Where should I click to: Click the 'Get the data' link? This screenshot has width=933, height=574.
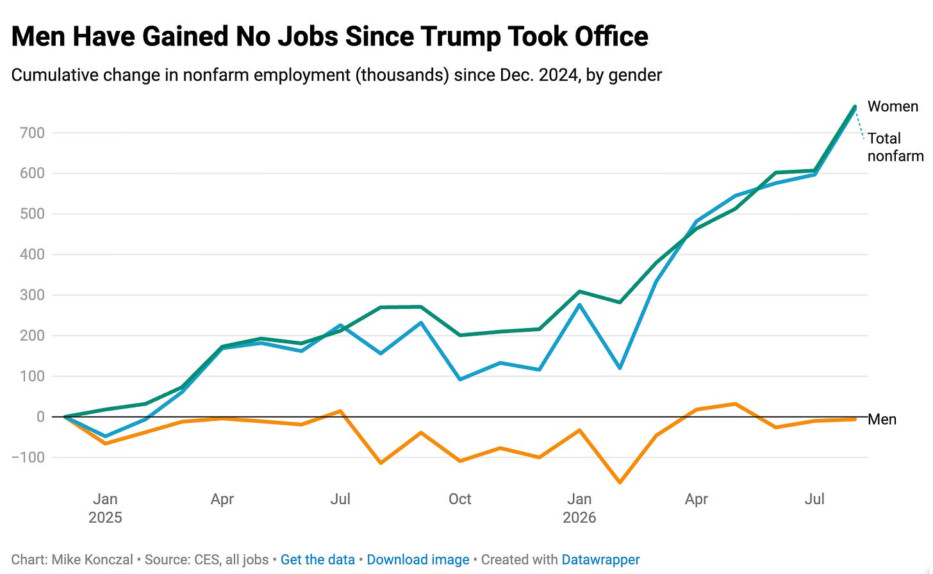tap(317, 559)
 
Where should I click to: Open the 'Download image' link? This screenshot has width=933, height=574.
tap(418, 559)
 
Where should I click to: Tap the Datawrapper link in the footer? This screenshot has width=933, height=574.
tap(600, 559)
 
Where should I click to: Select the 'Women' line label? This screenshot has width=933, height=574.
tap(893, 106)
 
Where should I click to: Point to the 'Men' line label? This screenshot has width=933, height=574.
tap(882, 419)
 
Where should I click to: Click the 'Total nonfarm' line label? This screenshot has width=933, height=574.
tap(895, 147)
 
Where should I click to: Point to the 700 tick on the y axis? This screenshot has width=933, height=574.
tap(32, 133)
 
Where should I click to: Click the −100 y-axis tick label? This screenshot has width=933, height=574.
tap(28, 457)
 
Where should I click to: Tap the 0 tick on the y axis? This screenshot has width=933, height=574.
tap(40, 416)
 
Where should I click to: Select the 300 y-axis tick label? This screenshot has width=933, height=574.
tap(32, 295)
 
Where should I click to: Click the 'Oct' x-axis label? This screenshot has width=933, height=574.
tap(459, 499)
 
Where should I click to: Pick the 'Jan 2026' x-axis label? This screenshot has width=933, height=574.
tap(579, 508)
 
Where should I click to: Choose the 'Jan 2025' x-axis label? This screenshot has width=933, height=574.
tap(105, 508)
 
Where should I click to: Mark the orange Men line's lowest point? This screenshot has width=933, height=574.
tap(620, 482)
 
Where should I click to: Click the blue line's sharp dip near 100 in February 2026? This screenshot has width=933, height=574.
tap(620, 368)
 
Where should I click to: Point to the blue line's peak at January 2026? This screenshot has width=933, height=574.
tap(579, 304)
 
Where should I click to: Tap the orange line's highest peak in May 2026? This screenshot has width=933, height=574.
tap(735, 404)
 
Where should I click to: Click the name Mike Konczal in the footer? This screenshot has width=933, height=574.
tap(92, 559)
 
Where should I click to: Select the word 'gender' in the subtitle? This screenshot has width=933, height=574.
tap(635, 76)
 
